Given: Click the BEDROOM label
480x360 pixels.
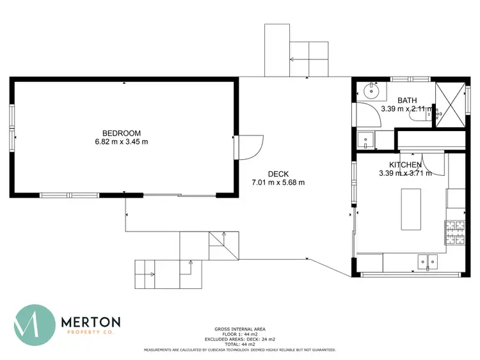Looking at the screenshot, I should pyautogui.click(x=121, y=133).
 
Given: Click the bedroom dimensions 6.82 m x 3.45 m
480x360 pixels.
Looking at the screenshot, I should pyautogui.click(x=121, y=142).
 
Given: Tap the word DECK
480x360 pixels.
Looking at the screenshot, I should pyautogui.click(x=278, y=173).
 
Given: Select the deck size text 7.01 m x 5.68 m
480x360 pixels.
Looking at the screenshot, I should pyautogui.click(x=278, y=182).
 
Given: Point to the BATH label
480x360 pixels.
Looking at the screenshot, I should pyautogui.click(x=407, y=100).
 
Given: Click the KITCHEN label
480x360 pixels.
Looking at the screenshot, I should pyautogui.click(x=401, y=164).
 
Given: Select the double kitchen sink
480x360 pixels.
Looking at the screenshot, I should pyautogui.click(x=426, y=261).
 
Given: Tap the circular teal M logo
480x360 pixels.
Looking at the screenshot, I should pyautogui.click(x=35, y=325).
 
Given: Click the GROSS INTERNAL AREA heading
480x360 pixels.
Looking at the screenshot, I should pyautogui.click(x=239, y=328).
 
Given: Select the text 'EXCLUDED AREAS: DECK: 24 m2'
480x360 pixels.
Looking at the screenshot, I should pyautogui.click(x=239, y=339).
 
